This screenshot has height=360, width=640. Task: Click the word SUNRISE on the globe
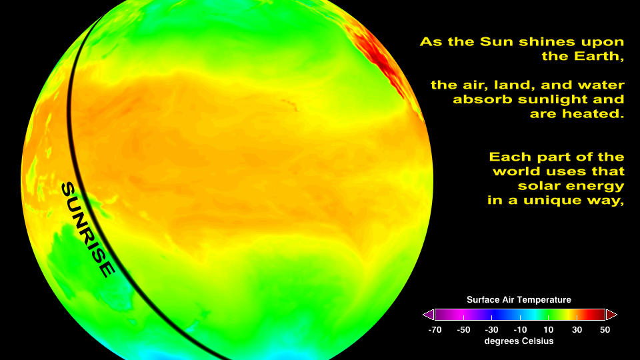pyautogui.click(x=88, y=230)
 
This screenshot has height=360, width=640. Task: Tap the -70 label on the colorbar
pyautogui.click(x=435, y=330)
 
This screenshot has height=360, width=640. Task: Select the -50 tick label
pyautogui.click(x=463, y=330)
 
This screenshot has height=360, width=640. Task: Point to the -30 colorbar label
pyautogui.click(x=491, y=330)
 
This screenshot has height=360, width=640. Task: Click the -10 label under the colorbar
pyautogui.click(x=520, y=330)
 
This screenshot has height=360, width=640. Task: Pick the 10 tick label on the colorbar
pyautogui.click(x=549, y=330)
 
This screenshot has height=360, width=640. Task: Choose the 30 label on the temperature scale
pyautogui.click(x=577, y=330)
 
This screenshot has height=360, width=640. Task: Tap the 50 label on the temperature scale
pyautogui.click(x=605, y=330)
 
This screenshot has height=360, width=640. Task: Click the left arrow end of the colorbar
pyautogui.click(x=428, y=315)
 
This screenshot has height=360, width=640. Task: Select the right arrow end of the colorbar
pyautogui.click(x=611, y=315)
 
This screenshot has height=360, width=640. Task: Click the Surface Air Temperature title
pyautogui.click(x=519, y=300)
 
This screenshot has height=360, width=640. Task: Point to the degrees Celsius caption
pyautogui.click(x=519, y=341)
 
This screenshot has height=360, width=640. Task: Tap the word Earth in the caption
pyautogui.click(x=599, y=56)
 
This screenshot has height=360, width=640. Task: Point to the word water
pyautogui.click(x=602, y=85)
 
